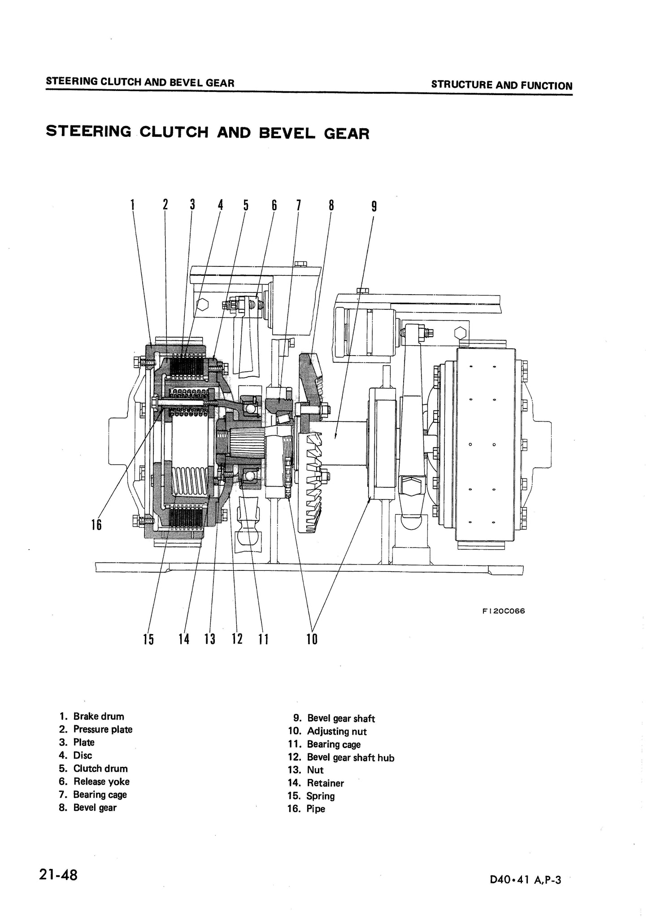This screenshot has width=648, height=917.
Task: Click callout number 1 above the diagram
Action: [x=132, y=205]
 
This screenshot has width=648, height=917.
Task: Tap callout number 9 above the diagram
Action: [x=374, y=206]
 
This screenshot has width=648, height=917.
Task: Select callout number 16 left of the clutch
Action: [x=96, y=524]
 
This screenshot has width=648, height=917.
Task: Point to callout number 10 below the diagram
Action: [x=312, y=639]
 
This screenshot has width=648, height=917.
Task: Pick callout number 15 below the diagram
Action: [x=148, y=639]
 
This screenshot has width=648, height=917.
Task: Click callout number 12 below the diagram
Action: [x=237, y=639]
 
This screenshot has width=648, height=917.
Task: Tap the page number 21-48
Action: [x=58, y=875]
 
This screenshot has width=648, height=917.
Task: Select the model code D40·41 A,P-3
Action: [x=526, y=880]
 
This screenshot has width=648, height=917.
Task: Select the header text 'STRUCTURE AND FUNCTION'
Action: [x=501, y=85]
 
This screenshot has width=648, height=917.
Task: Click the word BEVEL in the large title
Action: [x=287, y=133]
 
